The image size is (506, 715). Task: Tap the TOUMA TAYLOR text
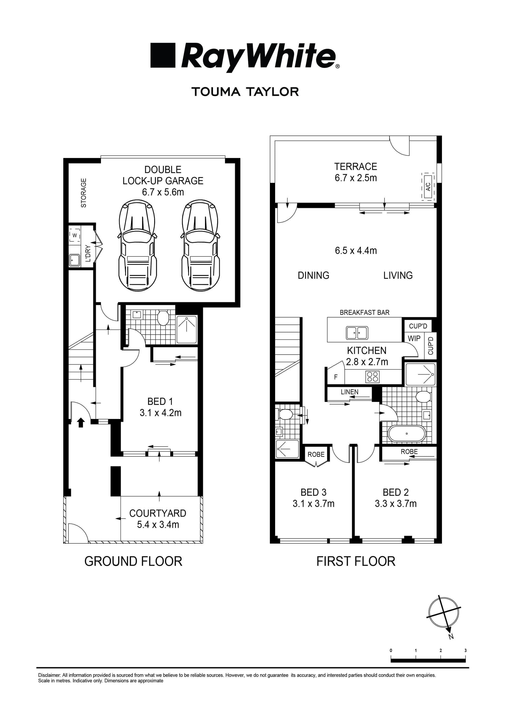click(x=245, y=92)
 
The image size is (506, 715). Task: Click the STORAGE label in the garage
click(x=84, y=193)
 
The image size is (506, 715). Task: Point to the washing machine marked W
click(x=75, y=235)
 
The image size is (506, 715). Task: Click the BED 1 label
click(x=160, y=401)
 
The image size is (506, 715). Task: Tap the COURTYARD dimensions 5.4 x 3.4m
click(x=158, y=525)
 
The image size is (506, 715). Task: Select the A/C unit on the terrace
click(x=428, y=187)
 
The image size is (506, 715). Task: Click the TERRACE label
click(x=356, y=167)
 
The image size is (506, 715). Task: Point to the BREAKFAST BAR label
click(x=364, y=312)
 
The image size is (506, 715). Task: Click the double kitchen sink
click(x=357, y=332)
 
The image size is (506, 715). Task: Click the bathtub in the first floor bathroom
click(x=407, y=434)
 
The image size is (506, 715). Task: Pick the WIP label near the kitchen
click(x=414, y=338)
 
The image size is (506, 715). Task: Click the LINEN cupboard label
click(x=349, y=392)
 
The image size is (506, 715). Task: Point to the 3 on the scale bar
click(x=465, y=650)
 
